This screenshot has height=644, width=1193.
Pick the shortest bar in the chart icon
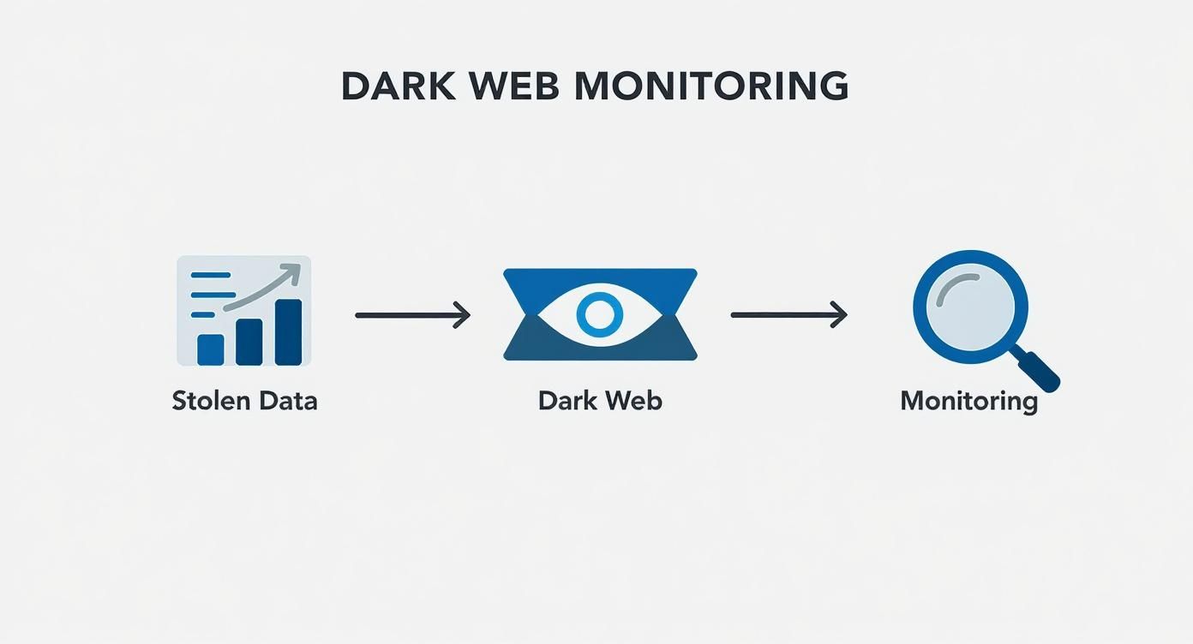[x=211, y=349]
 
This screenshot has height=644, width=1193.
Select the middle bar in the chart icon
[x=249, y=342]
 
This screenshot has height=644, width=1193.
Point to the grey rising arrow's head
[x=292, y=273]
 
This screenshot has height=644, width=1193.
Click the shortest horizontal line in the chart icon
[x=203, y=314]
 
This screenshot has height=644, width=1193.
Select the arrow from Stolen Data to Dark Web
[x=412, y=315]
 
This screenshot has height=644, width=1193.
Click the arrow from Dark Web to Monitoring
[x=788, y=315]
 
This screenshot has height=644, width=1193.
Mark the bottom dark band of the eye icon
[x=600, y=349]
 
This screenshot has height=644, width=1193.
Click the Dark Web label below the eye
[x=600, y=401]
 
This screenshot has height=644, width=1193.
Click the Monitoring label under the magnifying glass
[x=968, y=401]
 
